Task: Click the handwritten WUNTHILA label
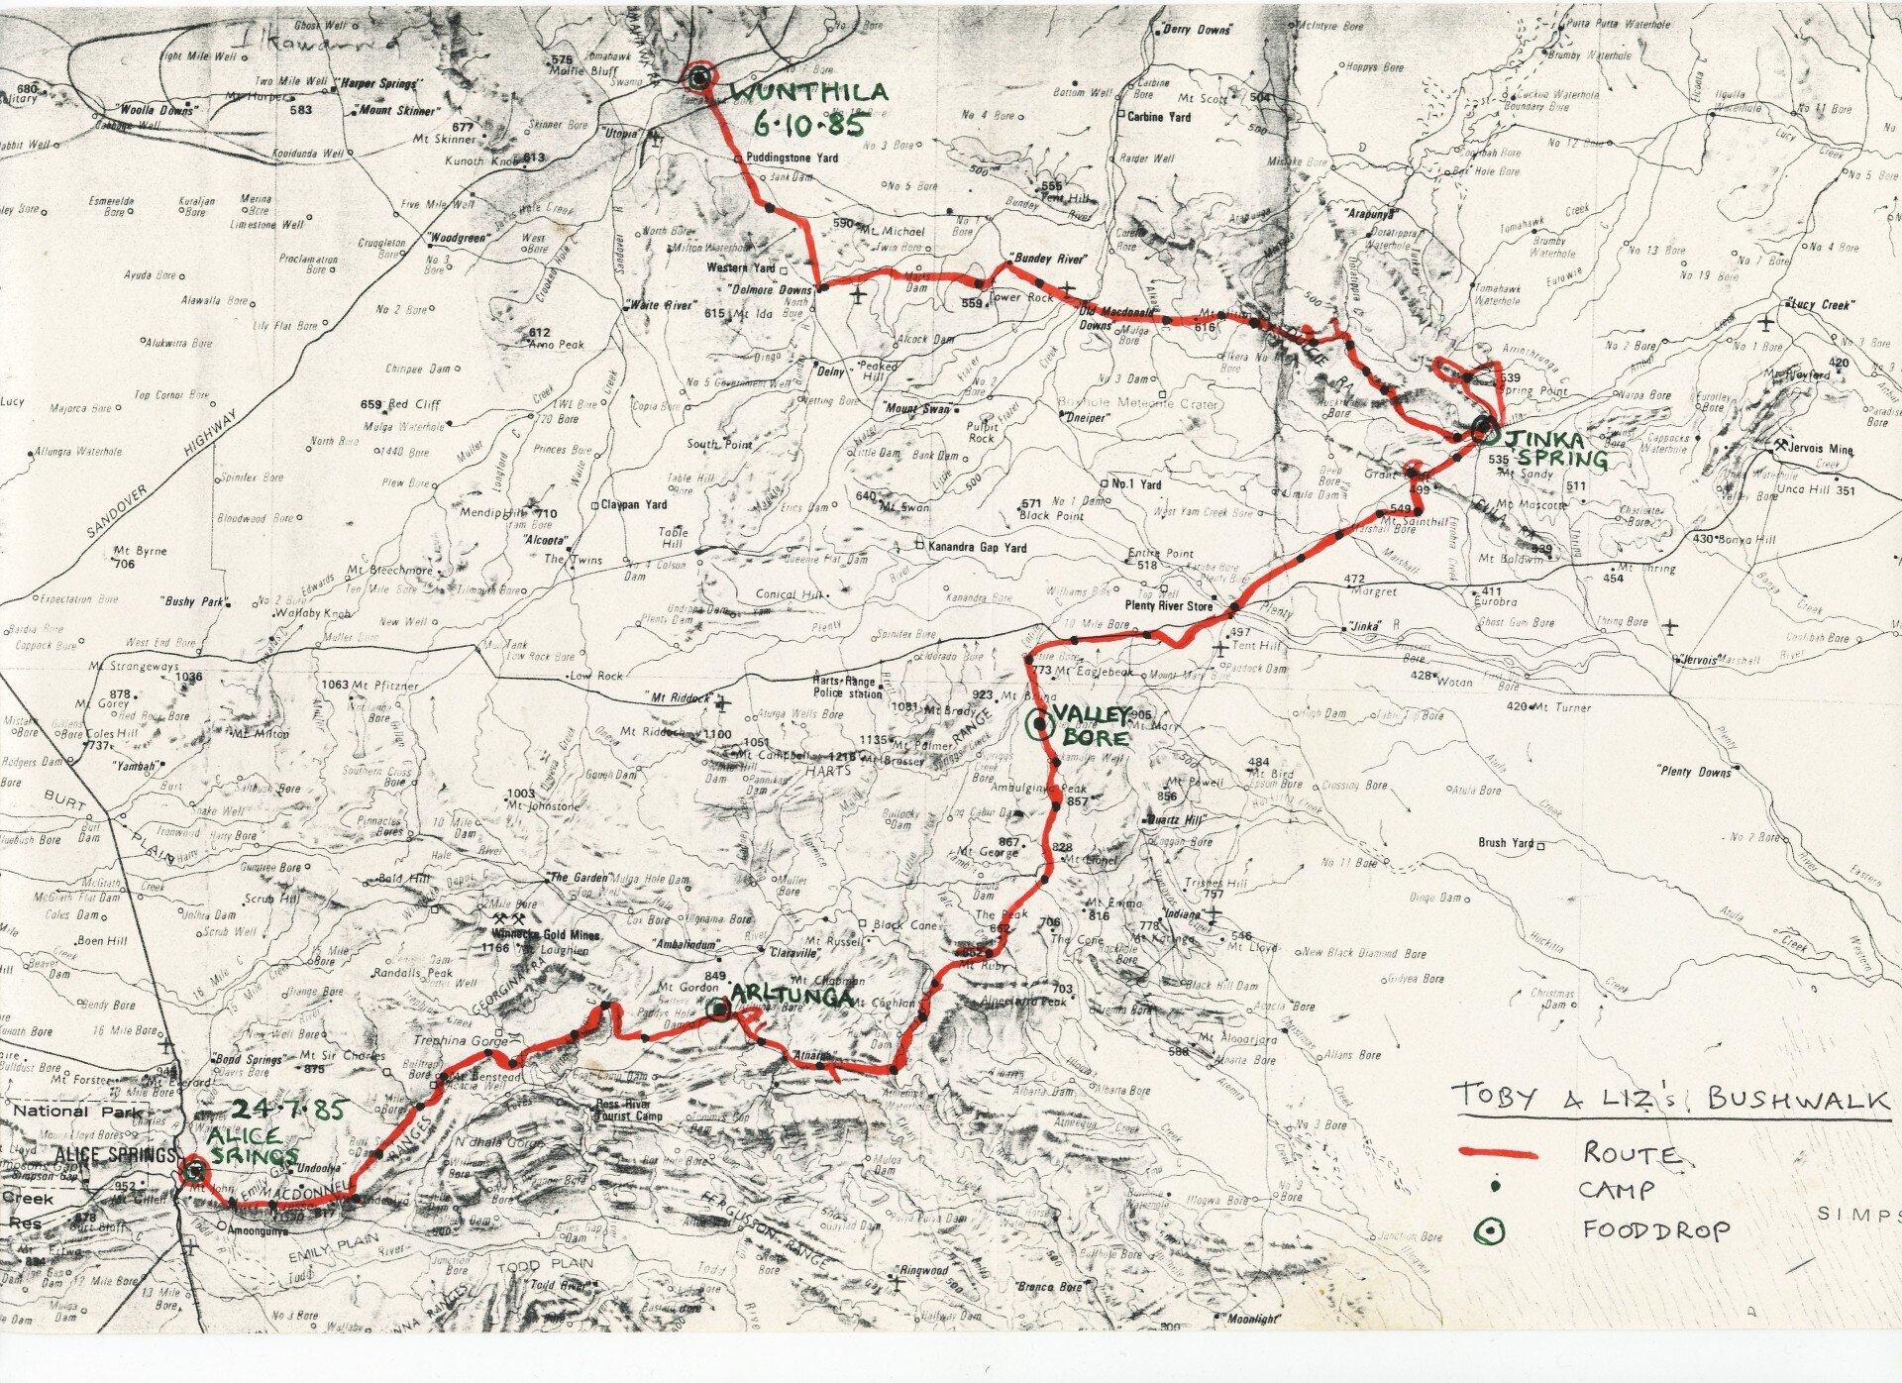coord(809,94)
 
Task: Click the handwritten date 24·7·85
coord(286,1110)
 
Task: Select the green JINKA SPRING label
coord(1556,449)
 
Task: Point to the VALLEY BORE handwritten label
coord(1090,726)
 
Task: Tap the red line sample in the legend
coord(1498,1153)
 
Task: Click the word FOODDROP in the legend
coord(1656,1230)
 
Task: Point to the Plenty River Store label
coord(1169,605)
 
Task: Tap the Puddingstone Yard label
coord(792,158)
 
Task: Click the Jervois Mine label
coord(1819,449)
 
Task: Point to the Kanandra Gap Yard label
coord(976,546)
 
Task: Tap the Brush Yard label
coord(1506,843)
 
